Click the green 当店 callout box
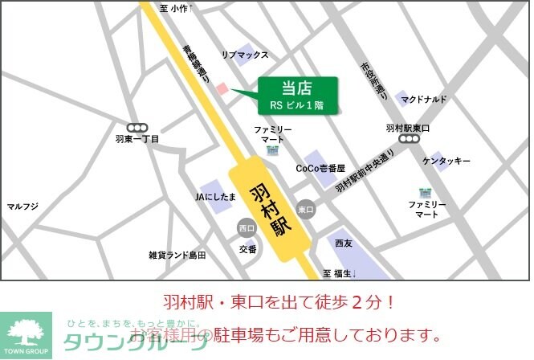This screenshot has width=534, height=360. [296, 96]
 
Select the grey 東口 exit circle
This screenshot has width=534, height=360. [305, 209]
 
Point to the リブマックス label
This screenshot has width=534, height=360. [245, 55]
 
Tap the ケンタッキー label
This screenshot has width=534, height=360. [446, 162]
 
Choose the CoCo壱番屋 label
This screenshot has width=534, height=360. [320, 169]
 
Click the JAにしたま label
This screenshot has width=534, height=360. [216, 196]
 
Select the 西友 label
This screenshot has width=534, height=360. [344, 242]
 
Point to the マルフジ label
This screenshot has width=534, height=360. [22, 207]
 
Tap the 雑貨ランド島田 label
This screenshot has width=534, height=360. [177, 255]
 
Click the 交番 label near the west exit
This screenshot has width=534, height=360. [248, 249]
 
